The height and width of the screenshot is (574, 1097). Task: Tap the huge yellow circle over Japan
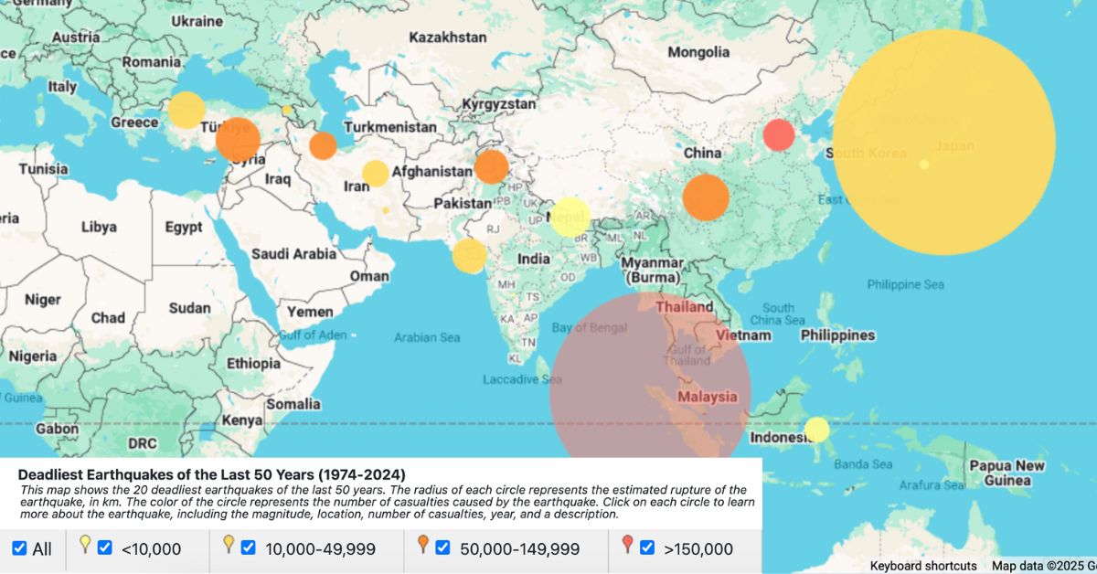943,141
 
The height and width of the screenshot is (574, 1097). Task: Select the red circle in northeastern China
779,134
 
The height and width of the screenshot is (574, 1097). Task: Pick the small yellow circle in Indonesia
816,429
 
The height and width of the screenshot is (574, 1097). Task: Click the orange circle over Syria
238,140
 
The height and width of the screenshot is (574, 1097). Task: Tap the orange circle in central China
705,198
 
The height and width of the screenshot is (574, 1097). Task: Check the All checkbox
19,548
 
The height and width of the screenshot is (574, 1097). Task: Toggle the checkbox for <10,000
105,548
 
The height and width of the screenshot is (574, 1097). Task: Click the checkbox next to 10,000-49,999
248,548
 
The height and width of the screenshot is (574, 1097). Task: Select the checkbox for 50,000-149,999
443,548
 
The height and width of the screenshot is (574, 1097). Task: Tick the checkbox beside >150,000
647,548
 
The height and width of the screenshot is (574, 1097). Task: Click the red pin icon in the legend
627,546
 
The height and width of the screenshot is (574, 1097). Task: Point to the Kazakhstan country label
448,37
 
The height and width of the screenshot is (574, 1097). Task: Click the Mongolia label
698,52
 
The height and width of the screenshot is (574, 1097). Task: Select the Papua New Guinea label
1006,473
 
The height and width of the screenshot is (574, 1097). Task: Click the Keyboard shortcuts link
922,566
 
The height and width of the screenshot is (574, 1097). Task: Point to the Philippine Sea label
905,285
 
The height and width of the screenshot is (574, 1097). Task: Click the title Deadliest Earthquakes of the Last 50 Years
211,474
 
